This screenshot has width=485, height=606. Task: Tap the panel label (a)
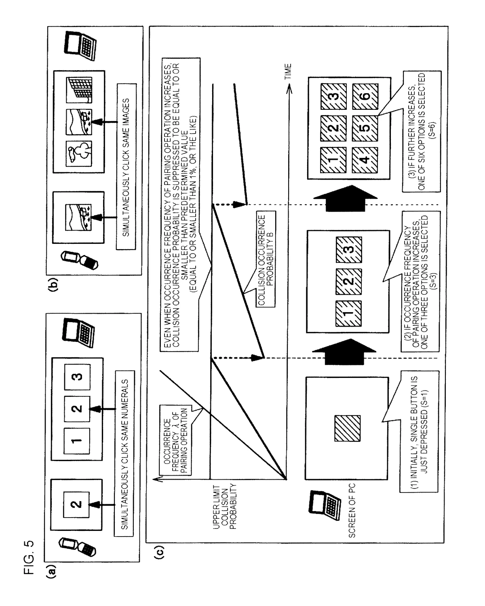[x=51, y=572]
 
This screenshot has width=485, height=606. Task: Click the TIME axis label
[x=288, y=71]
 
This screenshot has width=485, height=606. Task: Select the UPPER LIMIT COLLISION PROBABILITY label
[x=224, y=507]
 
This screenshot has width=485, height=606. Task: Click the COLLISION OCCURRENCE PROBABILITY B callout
[x=266, y=260]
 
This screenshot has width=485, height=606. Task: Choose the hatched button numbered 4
[x=365, y=160]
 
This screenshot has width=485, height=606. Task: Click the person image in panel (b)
[x=79, y=153]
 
